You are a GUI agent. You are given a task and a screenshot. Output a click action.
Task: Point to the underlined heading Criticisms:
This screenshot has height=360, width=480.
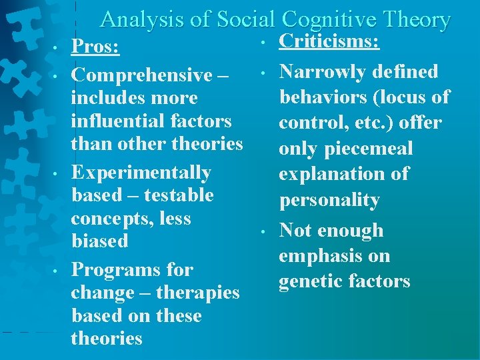click(x=329, y=42)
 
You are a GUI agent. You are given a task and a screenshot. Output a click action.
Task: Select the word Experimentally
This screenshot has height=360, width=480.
click(x=141, y=173)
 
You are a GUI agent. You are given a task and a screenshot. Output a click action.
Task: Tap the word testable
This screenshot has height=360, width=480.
click(x=177, y=195)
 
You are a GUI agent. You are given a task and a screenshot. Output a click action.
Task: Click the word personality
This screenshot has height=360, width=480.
click(x=329, y=200)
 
